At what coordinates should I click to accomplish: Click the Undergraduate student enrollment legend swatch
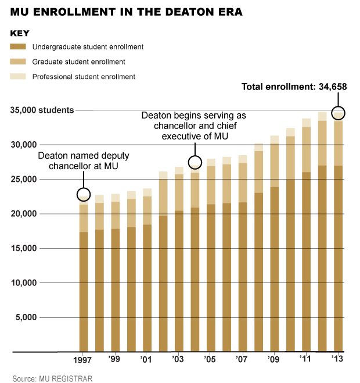coord(19,46)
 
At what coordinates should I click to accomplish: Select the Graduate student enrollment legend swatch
coord(19,62)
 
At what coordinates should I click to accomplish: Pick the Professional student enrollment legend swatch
coord(19,76)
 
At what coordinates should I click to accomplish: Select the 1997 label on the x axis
coord(84,360)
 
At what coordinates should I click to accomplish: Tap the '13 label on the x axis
coord(337,360)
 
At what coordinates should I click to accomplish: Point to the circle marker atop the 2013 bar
coord(338,113)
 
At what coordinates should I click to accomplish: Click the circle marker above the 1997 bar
coord(84,195)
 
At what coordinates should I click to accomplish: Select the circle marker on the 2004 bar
coord(195,162)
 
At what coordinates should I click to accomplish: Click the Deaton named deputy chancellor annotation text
coord(84,162)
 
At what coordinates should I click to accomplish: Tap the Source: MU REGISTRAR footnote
coord(52,379)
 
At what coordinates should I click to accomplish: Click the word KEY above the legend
coord(20,33)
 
